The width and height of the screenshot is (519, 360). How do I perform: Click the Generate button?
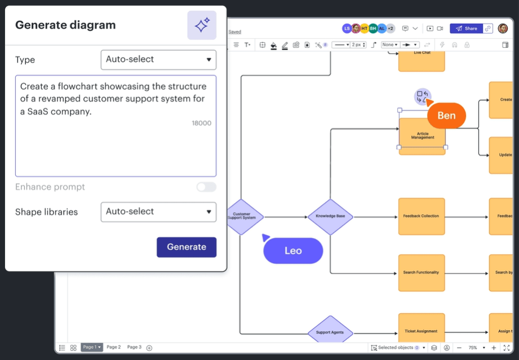186,247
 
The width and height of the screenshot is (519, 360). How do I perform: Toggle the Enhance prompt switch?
206,187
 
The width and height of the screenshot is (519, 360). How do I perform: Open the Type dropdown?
158,59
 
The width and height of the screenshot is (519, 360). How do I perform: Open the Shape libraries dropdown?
158,212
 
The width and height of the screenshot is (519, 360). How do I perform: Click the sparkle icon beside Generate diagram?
202,25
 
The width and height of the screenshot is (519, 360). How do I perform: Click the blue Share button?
466,28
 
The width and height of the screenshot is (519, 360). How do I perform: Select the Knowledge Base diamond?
330,216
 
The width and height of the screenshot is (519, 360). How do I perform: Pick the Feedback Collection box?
421,216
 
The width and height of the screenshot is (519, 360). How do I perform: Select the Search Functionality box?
421,273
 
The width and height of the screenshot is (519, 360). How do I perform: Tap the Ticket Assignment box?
421,331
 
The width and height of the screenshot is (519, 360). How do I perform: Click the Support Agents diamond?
330,332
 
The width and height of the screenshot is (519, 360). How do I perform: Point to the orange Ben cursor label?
446,115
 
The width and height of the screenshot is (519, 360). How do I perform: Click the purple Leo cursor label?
293,251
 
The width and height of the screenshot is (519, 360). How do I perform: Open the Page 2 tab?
114,348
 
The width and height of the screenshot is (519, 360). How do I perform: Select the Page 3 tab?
134,348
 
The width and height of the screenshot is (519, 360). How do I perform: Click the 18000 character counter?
201,123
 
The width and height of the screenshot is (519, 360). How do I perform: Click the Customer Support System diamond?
243,216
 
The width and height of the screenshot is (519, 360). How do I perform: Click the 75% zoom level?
473,348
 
